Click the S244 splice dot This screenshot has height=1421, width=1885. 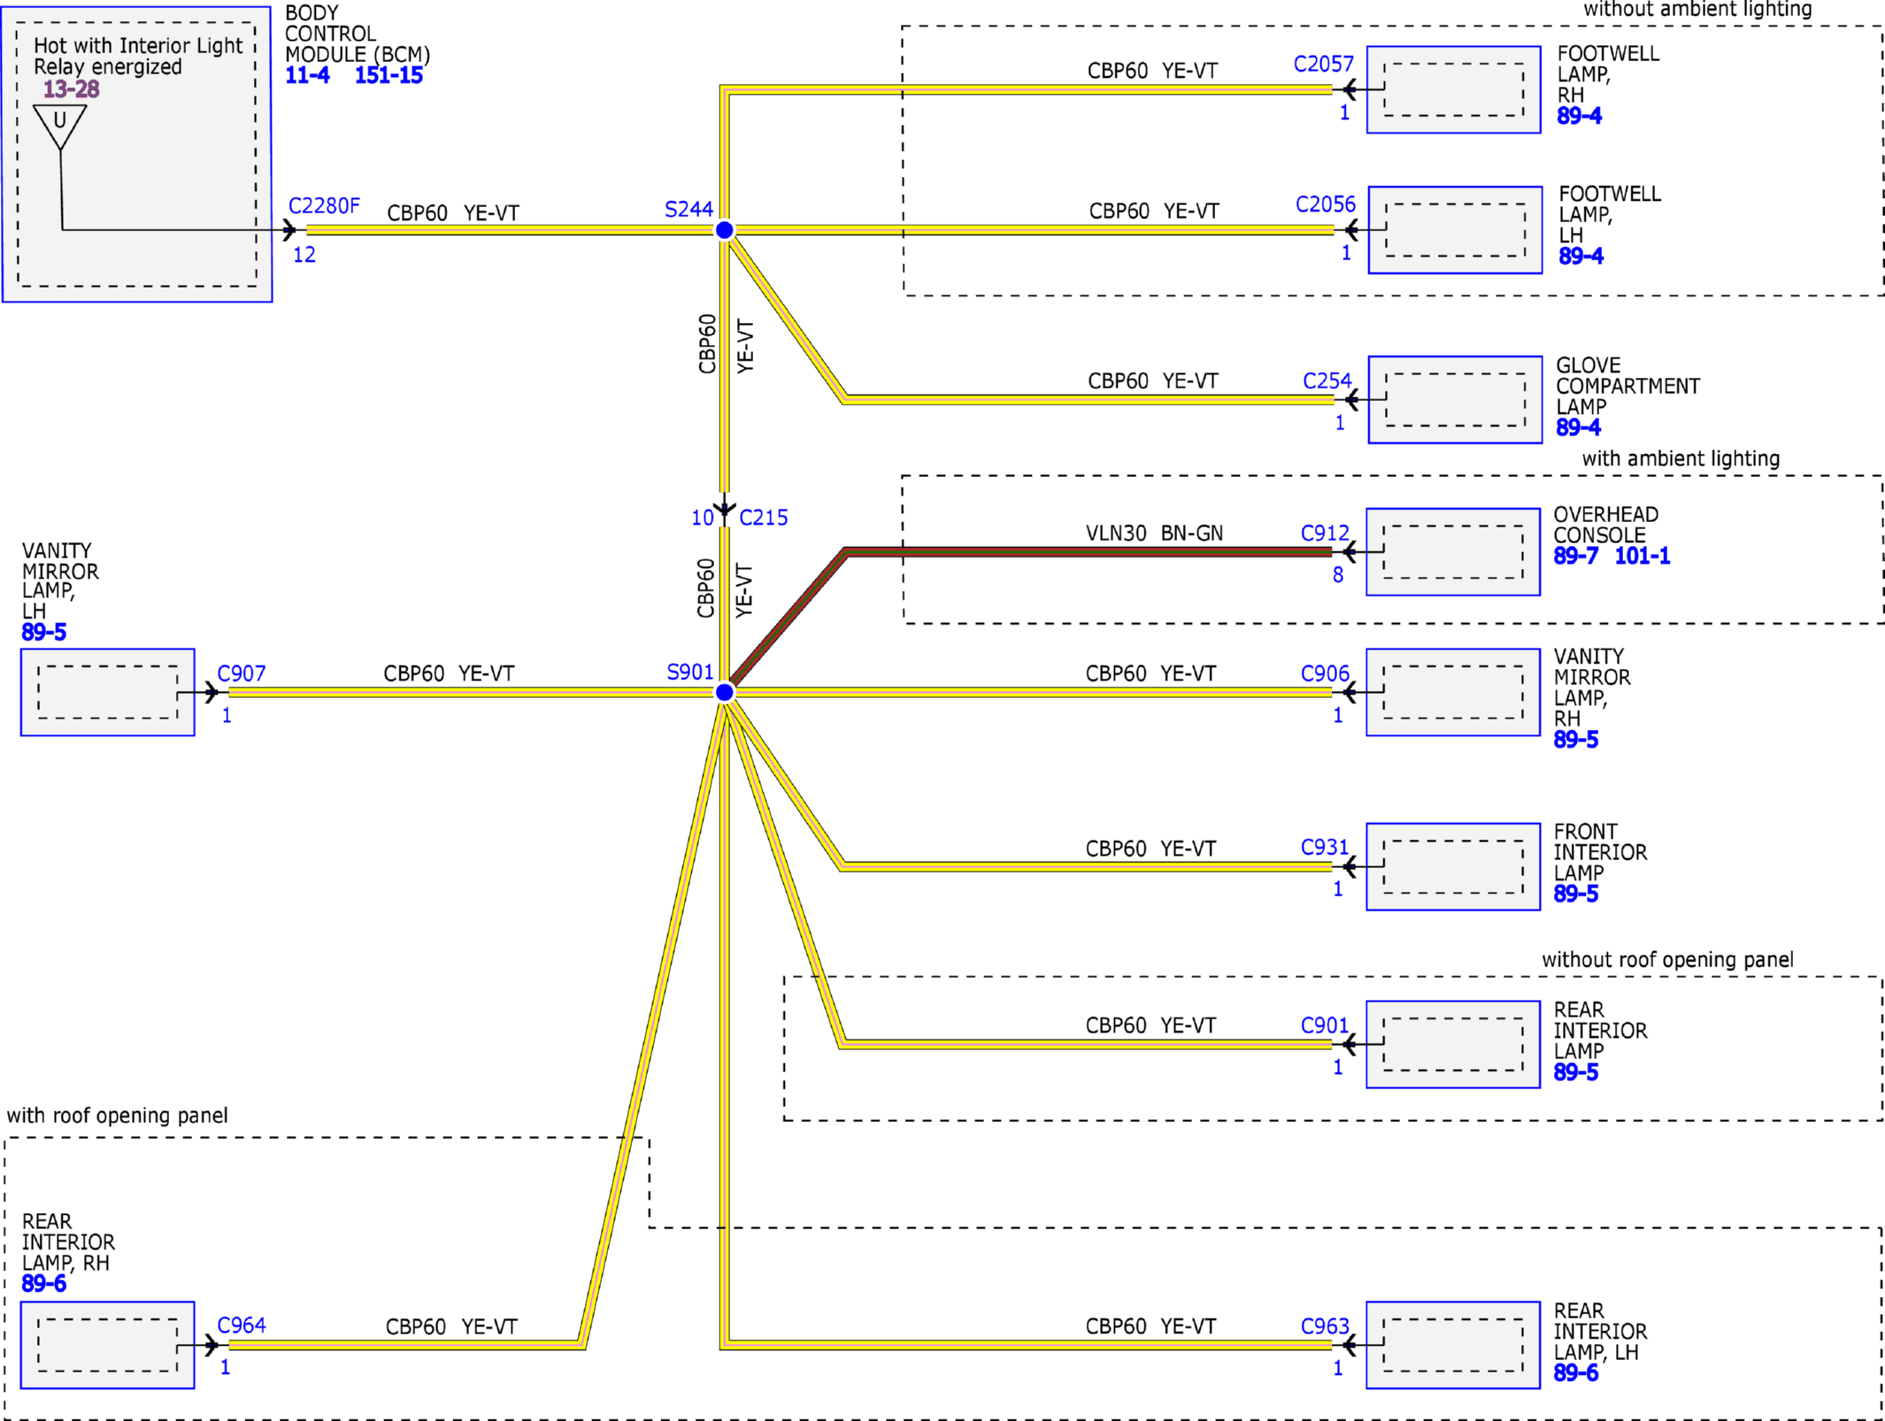[x=724, y=230]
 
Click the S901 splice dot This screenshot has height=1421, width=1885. [x=724, y=692]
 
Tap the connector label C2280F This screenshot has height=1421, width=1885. [x=324, y=206]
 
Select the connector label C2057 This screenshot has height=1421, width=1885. [x=1323, y=64]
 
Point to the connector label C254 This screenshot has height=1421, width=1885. [x=1327, y=380]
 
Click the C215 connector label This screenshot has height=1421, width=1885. [x=763, y=518]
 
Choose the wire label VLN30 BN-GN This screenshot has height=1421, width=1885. [x=1154, y=533]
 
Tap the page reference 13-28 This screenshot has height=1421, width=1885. [x=71, y=88]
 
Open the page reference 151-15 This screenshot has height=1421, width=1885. [x=389, y=75]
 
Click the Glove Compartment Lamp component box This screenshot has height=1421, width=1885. [x=1455, y=400]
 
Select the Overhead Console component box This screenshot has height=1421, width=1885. [x=1453, y=551]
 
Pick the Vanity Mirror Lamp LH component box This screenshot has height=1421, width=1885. [x=108, y=692]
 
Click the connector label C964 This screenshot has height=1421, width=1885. [x=242, y=1325]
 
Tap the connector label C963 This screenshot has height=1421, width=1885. [x=1324, y=1326]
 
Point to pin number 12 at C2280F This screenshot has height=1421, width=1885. [x=304, y=255]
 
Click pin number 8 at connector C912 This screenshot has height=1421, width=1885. [x=1337, y=575]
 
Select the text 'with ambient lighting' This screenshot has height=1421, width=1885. [x=1681, y=458]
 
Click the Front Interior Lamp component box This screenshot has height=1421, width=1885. [x=1453, y=866]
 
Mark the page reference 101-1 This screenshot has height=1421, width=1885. [x=1642, y=556]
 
